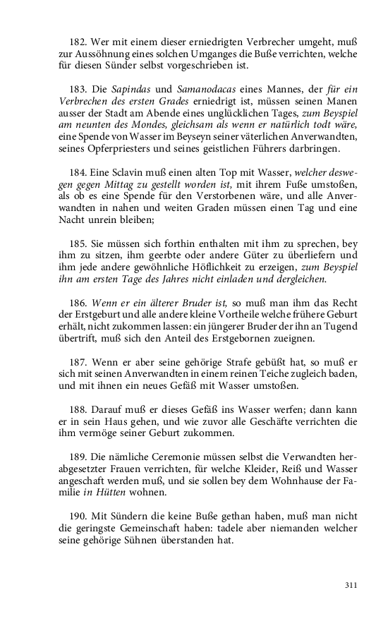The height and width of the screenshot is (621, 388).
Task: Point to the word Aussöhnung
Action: [x=90, y=54]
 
